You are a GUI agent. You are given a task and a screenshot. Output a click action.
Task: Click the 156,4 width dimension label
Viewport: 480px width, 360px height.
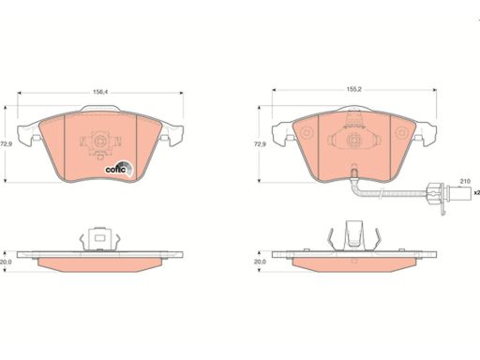tap(99, 92)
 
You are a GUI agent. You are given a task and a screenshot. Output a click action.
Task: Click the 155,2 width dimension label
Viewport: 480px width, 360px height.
tap(353, 89)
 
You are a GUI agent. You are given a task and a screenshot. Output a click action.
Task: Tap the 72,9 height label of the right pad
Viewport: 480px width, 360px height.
tap(259, 144)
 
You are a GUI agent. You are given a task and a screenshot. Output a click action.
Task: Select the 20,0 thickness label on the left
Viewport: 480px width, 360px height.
tap(6, 262)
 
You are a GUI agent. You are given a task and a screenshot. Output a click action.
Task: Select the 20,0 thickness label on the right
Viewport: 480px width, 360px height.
tap(260, 262)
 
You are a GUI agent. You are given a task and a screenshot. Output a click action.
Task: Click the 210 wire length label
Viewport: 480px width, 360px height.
tap(465, 181)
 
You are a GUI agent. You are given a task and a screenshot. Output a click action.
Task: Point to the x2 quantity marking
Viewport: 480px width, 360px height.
tap(476, 192)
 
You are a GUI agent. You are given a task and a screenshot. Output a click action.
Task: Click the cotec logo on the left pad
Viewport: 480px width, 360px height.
tap(120, 169)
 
